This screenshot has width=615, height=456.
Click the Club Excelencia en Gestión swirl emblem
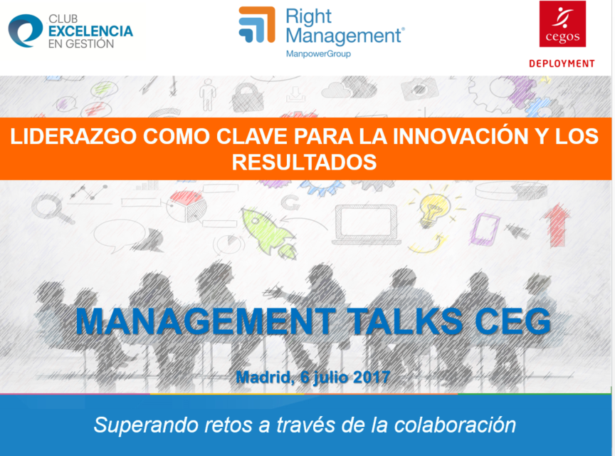[x=25, y=31]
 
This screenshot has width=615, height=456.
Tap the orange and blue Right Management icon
[x=257, y=24]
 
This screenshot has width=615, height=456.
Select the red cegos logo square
[x=562, y=24]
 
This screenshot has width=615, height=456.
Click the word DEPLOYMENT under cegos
[x=562, y=63]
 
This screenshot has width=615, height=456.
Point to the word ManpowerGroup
[x=318, y=54]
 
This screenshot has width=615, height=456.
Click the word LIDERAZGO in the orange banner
[x=73, y=137]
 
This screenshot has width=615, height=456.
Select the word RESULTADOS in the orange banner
[x=305, y=162]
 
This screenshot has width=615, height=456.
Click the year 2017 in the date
[x=372, y=378]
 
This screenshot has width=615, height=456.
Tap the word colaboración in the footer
[x=455, y=425]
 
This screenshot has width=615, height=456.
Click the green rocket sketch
[x=268, y=232]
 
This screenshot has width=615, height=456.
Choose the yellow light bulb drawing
[x=432, y=209]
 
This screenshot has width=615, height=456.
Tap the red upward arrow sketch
[x=557, y=224]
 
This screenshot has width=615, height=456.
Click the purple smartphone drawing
[x=485, y=229]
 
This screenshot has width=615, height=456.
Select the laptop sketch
[x=367, y=224]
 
